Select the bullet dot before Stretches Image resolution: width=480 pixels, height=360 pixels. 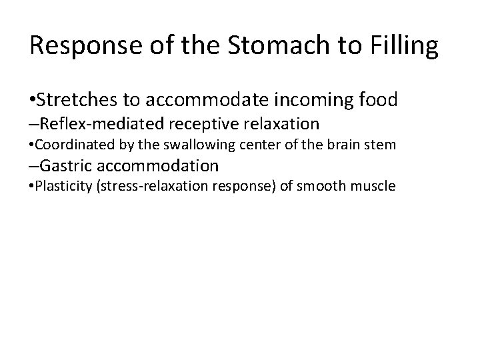pyautogui.click(x=33, y=101)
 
